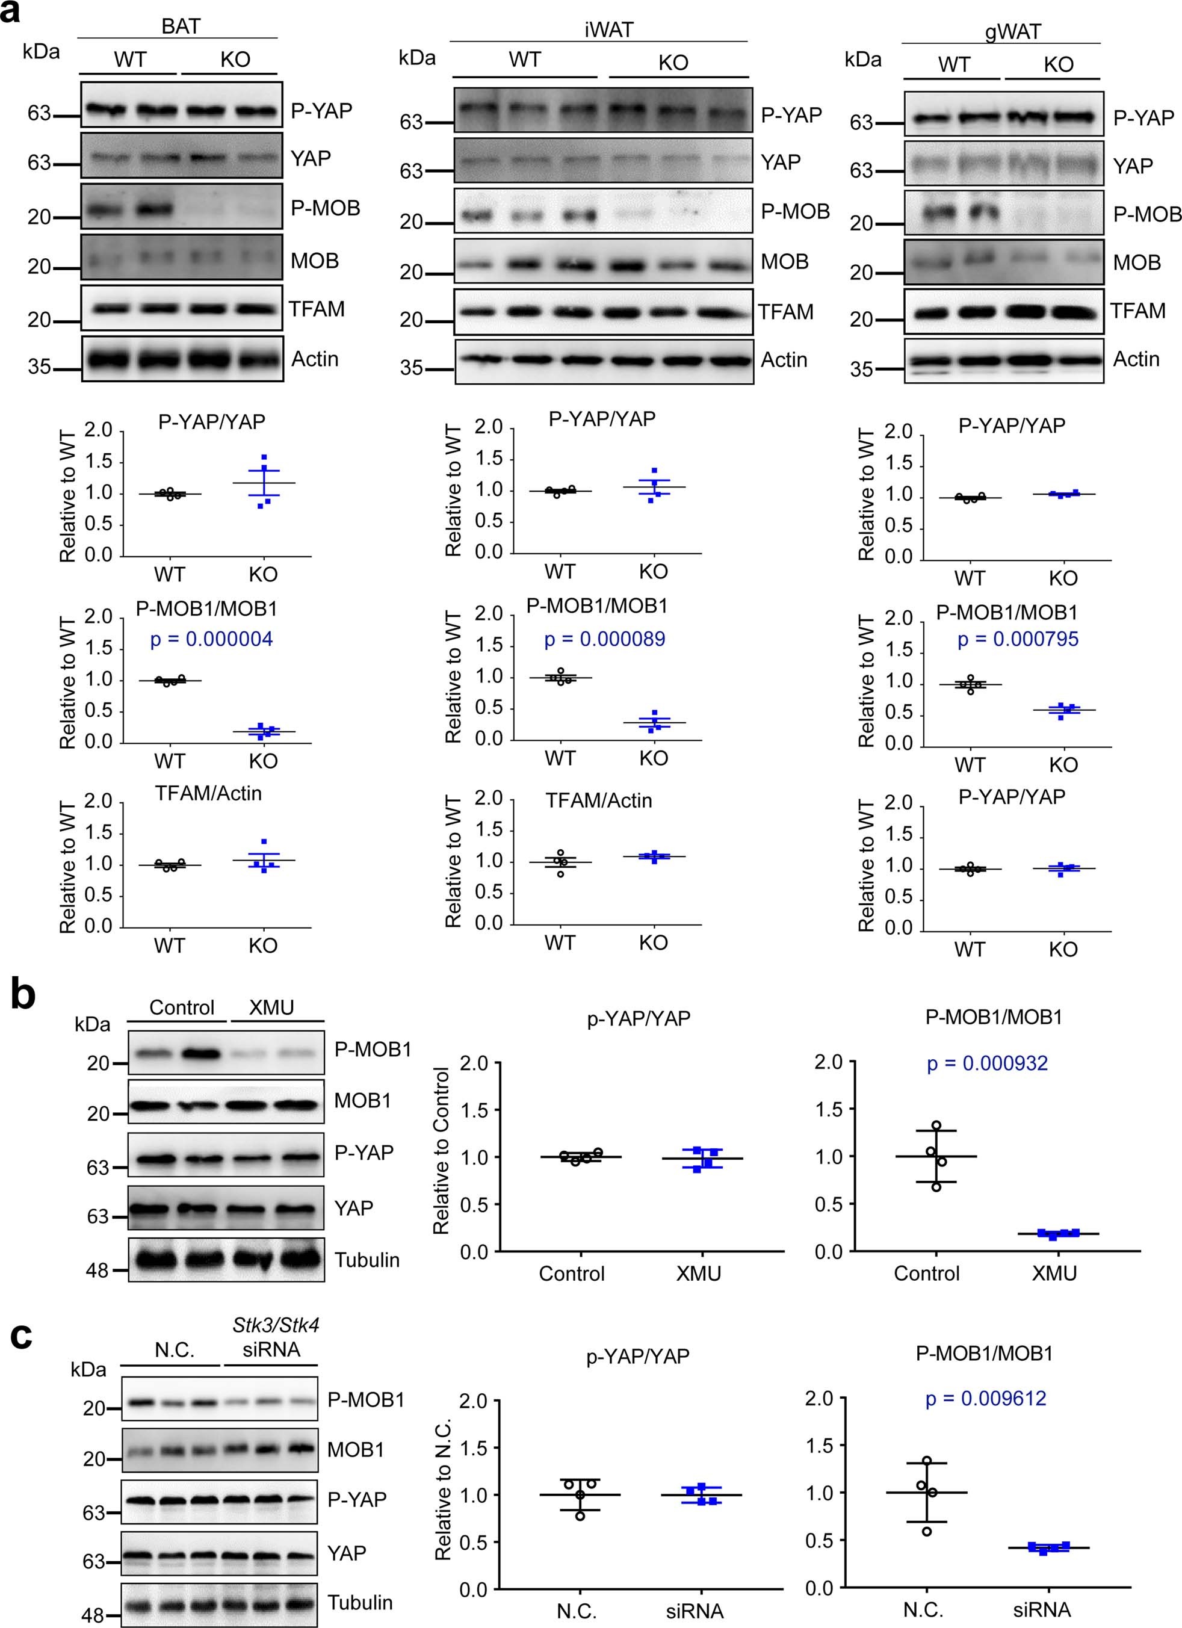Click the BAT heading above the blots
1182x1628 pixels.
[180, 26]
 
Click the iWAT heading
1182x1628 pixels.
[608, 29]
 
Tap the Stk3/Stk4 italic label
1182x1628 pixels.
[276, 1324]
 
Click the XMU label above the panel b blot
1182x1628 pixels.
[271, 1008]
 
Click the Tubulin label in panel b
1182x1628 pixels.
[367, 1260]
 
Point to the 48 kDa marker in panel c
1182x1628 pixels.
[93, 1616]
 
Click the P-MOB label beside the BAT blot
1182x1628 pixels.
[325, 208]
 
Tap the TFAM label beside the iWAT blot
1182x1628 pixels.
[786, 312]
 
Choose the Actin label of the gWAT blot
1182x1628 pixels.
[1136, 359]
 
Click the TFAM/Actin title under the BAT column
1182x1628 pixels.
[208, 793]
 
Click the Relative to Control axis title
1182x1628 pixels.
[441, 1151]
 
